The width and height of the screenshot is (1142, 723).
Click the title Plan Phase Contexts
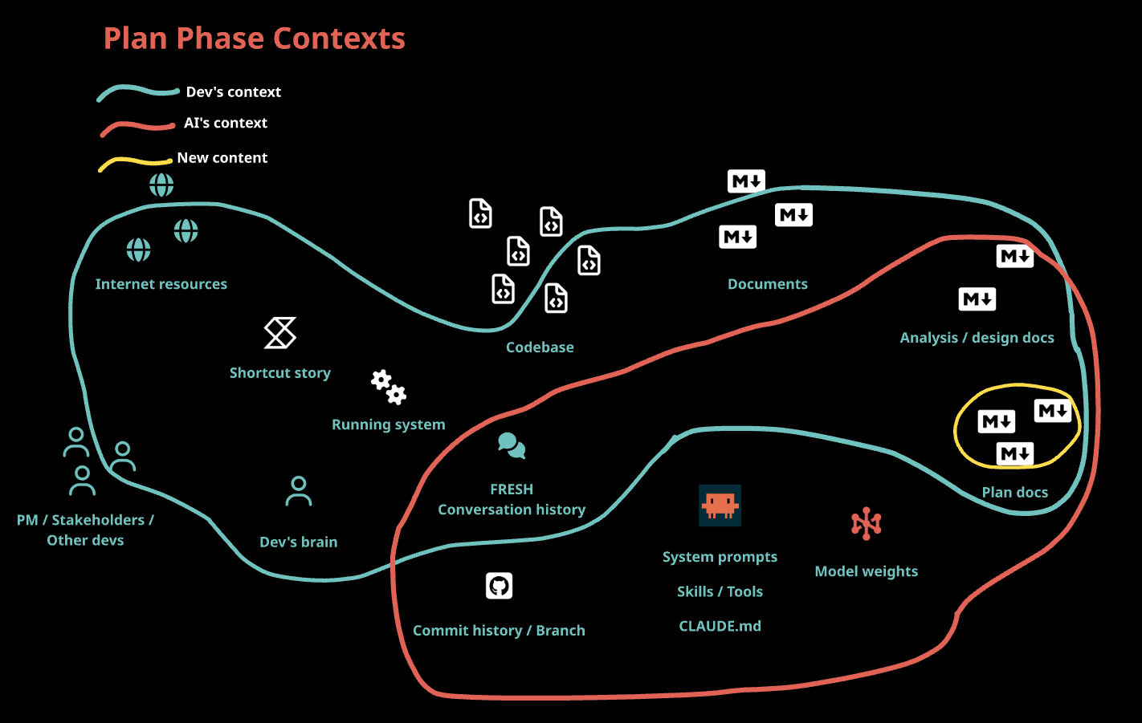(254, 39)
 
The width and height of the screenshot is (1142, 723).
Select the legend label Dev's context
(233, 92)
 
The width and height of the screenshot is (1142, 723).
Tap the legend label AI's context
(225, 123)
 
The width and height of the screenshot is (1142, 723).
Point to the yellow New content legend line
(135, 163)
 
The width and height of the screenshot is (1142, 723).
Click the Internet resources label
(161, 284)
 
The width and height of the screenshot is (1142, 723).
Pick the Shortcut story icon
(280, 333)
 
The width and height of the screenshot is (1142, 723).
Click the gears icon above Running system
(389, 387)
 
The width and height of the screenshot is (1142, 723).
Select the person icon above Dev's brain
(299, 492)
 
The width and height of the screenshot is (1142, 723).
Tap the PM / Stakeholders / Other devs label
(85, 530)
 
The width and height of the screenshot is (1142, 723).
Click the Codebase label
(540, 347)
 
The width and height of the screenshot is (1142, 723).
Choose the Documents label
(767, 284)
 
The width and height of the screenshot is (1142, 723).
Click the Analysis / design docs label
(977, 338)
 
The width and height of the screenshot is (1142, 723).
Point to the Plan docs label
(1014, 493)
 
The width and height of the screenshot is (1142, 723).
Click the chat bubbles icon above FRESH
(512, 445)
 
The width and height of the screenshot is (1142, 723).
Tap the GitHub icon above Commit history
(499, 586)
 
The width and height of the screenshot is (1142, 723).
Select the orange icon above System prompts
(720, 505)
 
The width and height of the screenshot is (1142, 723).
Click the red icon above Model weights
(866, 524)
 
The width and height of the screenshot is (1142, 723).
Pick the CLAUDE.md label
(720, 626)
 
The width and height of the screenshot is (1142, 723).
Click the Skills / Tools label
(720, 591)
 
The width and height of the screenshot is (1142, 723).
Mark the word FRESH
(512, 489)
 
